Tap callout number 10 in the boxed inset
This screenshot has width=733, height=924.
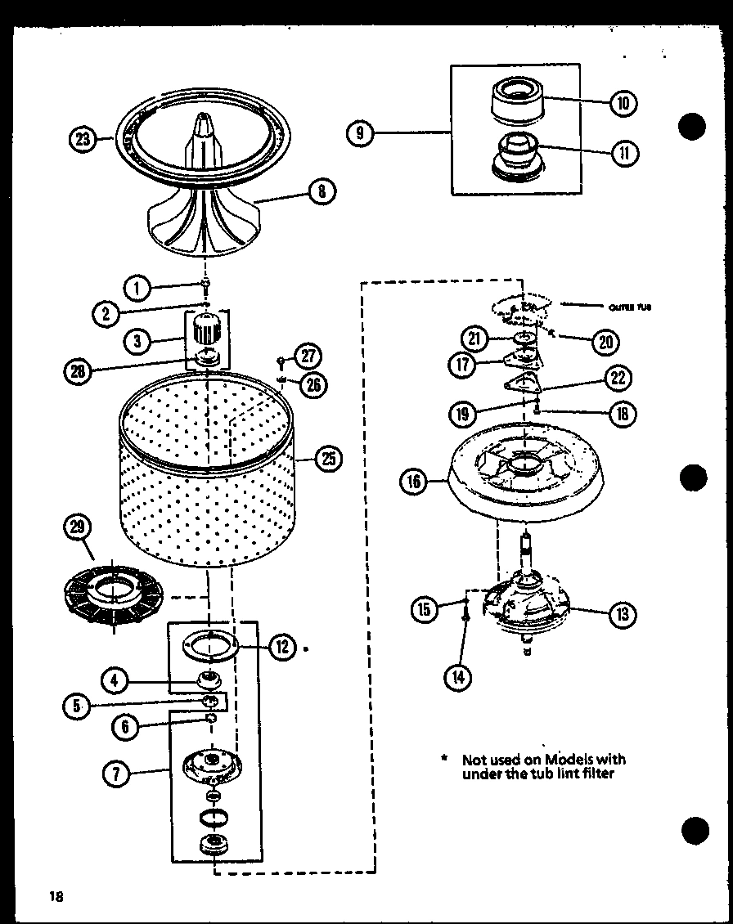pos(623,103)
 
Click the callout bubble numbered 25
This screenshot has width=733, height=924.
pos(327,459)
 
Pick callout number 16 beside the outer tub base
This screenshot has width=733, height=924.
pos(415,482)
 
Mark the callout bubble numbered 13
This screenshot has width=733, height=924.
pos(623,614)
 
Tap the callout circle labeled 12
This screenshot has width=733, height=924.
pos(283,647)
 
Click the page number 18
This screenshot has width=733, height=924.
pos(56,895)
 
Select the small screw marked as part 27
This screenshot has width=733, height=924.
pos(281,359)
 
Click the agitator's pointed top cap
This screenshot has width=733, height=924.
pos(202,127)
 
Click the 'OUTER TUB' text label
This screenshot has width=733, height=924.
pos(630,308)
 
